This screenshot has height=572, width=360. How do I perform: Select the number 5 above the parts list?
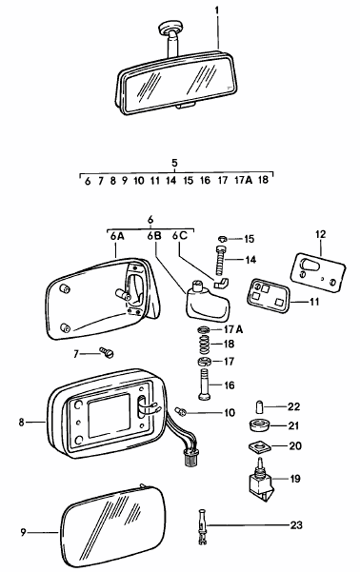(x=174, y=163)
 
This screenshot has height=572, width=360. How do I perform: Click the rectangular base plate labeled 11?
(x=268, y=296)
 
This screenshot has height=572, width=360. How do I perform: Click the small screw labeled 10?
(x=181, y=413)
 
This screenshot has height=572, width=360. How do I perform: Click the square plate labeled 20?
(x=254, y=447)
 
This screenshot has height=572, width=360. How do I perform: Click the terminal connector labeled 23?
(x=203, y=524)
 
